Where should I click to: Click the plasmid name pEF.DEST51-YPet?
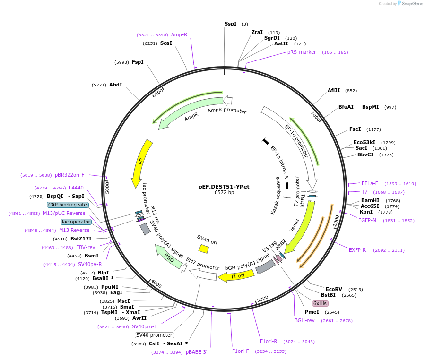tap(224, 187)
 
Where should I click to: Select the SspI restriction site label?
tap(230, 24)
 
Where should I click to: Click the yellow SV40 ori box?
tap(204, 248)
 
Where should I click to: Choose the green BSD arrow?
tap(169, 257)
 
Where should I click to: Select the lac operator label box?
tap(76, 222)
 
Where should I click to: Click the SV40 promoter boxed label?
tap(154, 335)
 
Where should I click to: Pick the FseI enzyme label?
tap(355, 129)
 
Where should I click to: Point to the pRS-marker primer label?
tap(302, 52)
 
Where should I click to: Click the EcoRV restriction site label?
tap(334, 289)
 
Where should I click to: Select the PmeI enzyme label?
tap(312, 312)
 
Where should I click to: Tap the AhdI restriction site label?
tap(115, 85)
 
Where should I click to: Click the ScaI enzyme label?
tap(166, 43)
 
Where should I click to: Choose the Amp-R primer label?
tap(179, 34)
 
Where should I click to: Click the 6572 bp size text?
tap(224, 193)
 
